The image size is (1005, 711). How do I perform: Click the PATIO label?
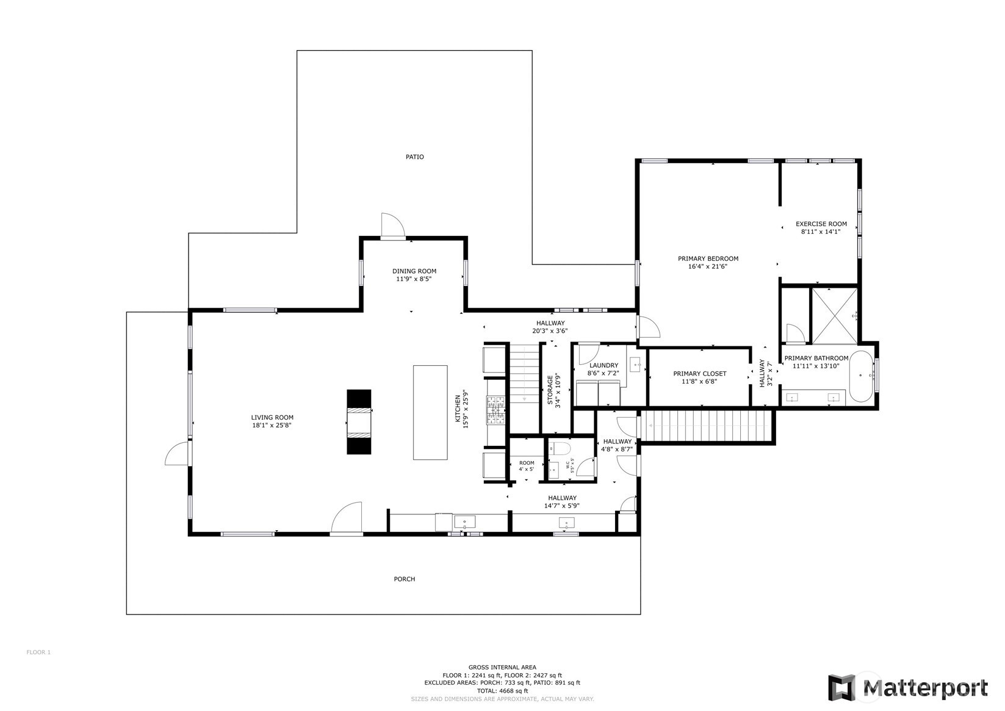[414, 157]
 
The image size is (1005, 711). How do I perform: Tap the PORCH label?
[404, 579]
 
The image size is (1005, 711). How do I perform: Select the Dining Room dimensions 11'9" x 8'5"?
[414, 279]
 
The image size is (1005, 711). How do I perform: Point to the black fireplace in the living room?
[359, 422]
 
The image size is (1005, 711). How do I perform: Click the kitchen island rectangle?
[430, 412]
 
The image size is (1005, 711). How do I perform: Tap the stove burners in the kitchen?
[495, 410]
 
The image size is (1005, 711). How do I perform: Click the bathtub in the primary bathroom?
[861, 376]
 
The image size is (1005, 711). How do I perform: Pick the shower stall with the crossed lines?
[834, 316]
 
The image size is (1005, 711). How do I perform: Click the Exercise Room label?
[821, 224]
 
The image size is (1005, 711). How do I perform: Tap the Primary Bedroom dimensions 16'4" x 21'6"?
[708, 266]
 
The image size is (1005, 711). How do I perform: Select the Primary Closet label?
[699, 374]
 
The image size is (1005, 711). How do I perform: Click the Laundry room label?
[603, 365]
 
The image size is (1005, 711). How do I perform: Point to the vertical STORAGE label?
[550, 390]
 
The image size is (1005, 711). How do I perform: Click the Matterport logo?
[907, 688]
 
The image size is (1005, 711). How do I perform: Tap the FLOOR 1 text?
[38, 652]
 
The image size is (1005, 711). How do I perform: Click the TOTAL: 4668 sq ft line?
[502, 691]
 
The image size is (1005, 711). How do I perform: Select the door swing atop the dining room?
[392, 224]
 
